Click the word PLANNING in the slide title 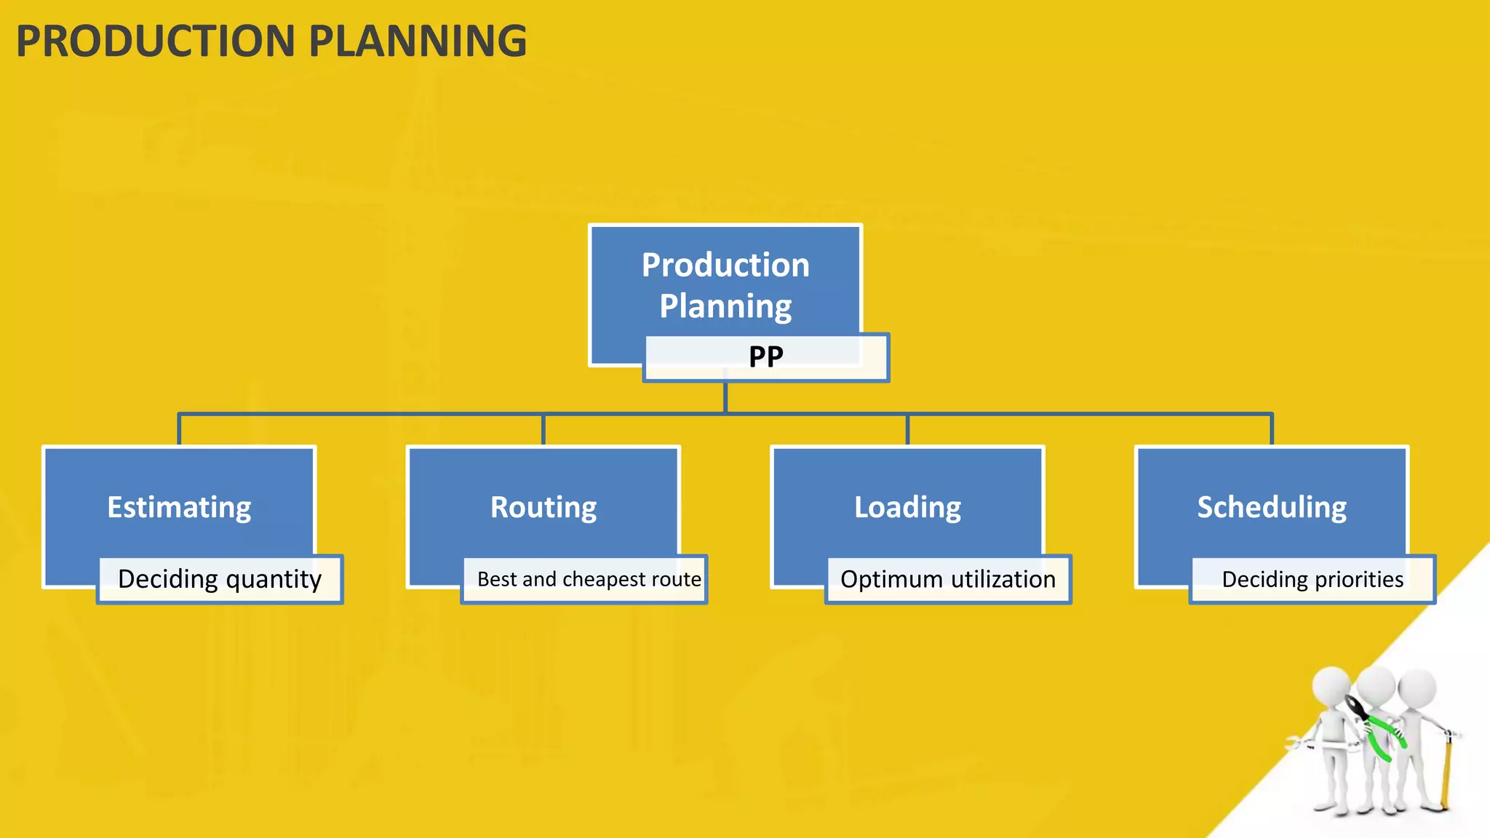pyautogui.click(x=418, y=41)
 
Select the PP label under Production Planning pyautogui.click(x=766, y=357)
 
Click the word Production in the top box pyautogui.click(x=725, y=265)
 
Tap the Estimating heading pyautogui.click(x=179, y=507)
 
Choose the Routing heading pyautogui.click(x=543, y=507)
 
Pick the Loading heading pyautogui.click(x=907, y=507)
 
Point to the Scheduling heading pyautogui.click(x=1272, y=507)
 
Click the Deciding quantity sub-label pyautogui.click(x=220, y=579)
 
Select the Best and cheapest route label pyautogui.click(x=589, y=579)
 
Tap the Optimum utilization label pyautogui.click(x=948, y=579)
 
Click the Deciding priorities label pyautogui.click(x=1312, y=579)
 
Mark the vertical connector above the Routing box pyautogui.click(x=543, y=430)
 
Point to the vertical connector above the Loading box pyautogui.click(x=907, y=430)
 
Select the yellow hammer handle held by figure pyautogui.click(x=1446, y=771)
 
